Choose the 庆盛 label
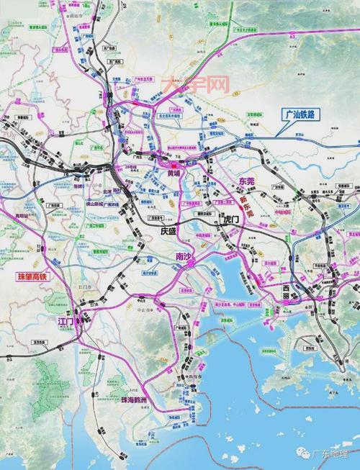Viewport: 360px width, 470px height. [168, 230]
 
